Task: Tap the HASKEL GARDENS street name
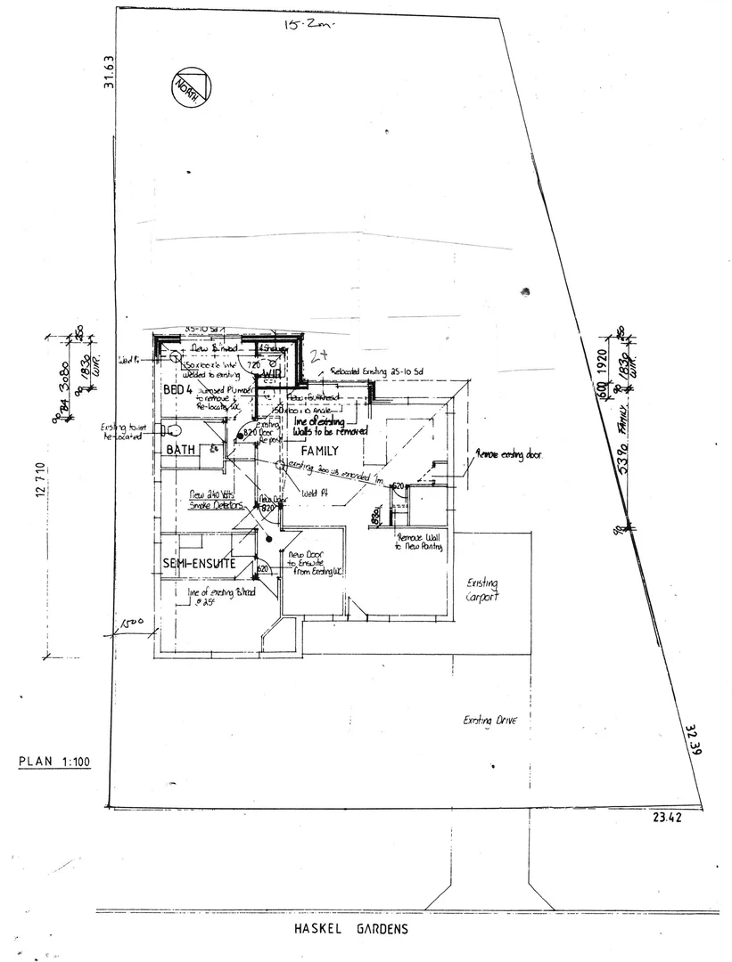coord(350,929)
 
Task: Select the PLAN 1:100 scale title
coord(56,762)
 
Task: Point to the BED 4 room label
coord(178,390)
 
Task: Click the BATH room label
coord(181,450)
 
